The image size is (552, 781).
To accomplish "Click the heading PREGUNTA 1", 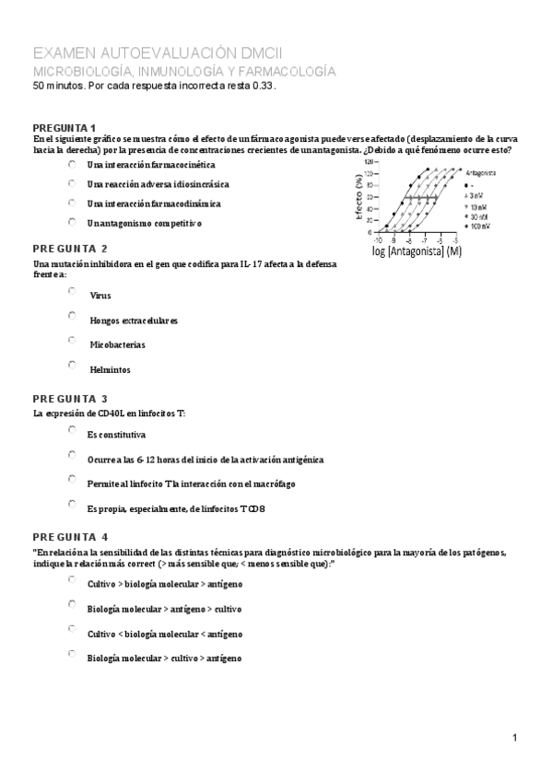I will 65,127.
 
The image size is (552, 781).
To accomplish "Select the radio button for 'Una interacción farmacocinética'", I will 72,163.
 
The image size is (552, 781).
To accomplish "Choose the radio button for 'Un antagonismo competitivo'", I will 72,221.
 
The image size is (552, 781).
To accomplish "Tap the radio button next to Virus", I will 72,291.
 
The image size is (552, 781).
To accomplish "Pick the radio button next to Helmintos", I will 72,365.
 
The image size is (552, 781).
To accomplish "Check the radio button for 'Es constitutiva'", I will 72,429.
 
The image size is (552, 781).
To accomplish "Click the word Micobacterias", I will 117,345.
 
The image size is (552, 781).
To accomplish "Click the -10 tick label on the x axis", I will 378,239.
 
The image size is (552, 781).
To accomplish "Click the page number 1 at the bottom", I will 516,737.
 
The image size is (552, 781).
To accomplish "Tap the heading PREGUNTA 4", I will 70,537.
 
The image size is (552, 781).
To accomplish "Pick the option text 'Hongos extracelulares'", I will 134,321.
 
